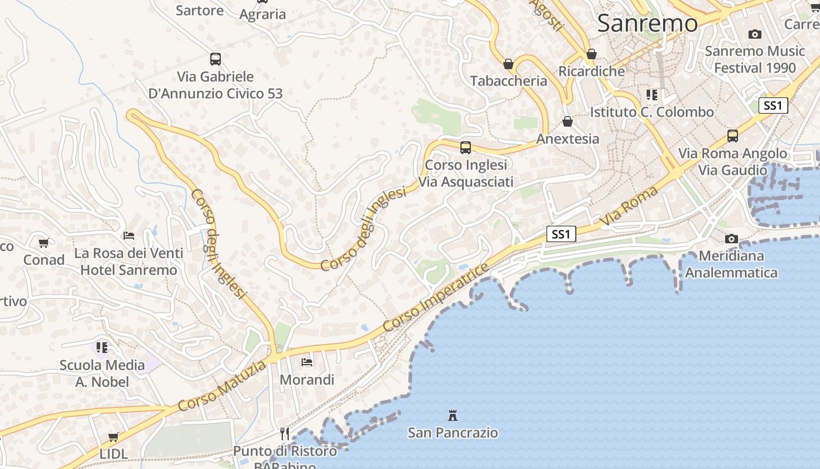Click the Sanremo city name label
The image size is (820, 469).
click(648, 23)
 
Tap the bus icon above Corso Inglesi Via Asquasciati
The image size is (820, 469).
click(466, 148)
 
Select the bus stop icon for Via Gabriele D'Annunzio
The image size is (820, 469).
click(216, 59)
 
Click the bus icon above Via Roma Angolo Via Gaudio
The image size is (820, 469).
click(733, 136)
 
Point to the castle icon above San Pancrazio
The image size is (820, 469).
click(452, 416)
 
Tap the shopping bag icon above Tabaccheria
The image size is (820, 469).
click(508, 64)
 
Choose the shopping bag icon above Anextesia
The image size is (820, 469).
click(567, 121)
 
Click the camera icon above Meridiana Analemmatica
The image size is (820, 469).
click(731, 239)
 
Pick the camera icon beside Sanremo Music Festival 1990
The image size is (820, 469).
click(755, 34)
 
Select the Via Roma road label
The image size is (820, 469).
click(629, 206)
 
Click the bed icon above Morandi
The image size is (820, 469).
click(306, 362)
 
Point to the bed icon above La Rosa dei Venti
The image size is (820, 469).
click(129, 236)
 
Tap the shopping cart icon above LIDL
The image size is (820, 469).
click(114, 437)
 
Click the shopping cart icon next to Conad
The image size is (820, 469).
click(44, 243)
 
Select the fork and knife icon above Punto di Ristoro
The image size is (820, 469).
click(285, 434)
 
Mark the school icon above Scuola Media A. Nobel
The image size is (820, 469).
click(102, 348)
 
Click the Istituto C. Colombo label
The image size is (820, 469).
click(652, 111)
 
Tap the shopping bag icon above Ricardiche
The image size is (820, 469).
click(592, 54)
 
